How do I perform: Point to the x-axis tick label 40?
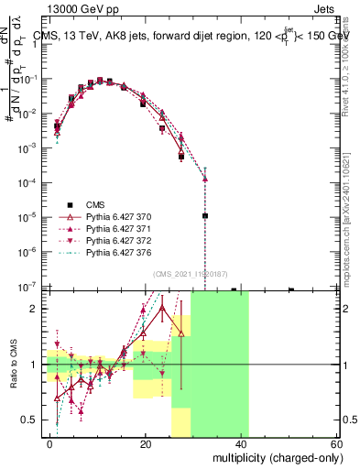click(241, 443)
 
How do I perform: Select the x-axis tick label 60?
click(336, 443)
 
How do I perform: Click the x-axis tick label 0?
click(50, 443)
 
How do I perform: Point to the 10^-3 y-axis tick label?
click(27, 148)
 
